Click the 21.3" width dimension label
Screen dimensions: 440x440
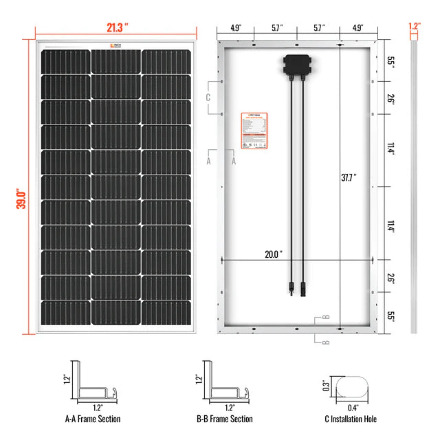pos(118,27)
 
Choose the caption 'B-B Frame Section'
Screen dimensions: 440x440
pos(224,419)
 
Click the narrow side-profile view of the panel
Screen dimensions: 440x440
pos(415,186)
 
